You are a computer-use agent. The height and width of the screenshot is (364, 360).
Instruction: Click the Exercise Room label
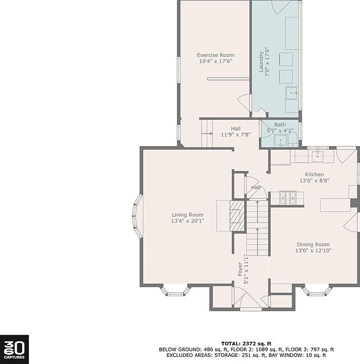pyautogui.click(x=215, y=55)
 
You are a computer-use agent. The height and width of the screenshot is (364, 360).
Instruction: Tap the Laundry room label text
pyautogui.click(x=261, y=62)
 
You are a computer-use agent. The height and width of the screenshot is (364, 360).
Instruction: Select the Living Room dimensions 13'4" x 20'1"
pyautogui.click(x=188, y=221)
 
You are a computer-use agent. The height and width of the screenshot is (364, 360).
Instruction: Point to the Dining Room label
pyautogui.click(x=313, y=245)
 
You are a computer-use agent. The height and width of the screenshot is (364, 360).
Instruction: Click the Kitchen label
pyautogui.click(x=314, y=174)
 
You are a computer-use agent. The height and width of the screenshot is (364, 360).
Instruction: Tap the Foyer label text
pyautogui.click(x=240, y=269)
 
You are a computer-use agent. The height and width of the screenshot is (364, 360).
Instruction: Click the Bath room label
pyautogui.click(x=280, y=125)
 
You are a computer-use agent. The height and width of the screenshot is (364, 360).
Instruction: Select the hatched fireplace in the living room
pyautogui.click(x=237, y=216)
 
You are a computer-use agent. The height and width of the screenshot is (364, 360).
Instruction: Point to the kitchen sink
pyautogui.click(x=318, y=156)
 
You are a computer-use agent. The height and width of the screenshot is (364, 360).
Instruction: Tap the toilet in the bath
pyautogui.click(x=293, y=140)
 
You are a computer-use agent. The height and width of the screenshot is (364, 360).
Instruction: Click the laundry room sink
pyautogui.click(x=292, y=93)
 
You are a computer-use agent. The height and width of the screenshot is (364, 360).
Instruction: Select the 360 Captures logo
pyautogui.click(x=14, y=349)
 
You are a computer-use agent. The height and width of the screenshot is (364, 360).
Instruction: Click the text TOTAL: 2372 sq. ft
pyautogui.click(x=246, y=344)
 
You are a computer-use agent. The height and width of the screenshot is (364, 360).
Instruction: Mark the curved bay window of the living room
pyautogui.click(x=137, y=216)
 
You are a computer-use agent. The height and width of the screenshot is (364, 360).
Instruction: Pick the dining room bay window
pyautogui.click(x=317, y=291)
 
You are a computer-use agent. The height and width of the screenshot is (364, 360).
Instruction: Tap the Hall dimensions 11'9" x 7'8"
pyautogui.click(x=236, y=134)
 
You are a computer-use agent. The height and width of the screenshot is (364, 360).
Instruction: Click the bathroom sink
pyautogui.click(x=281, y=141)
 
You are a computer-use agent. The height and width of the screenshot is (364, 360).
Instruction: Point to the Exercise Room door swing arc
pyautogui.click(x=243, y=102)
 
